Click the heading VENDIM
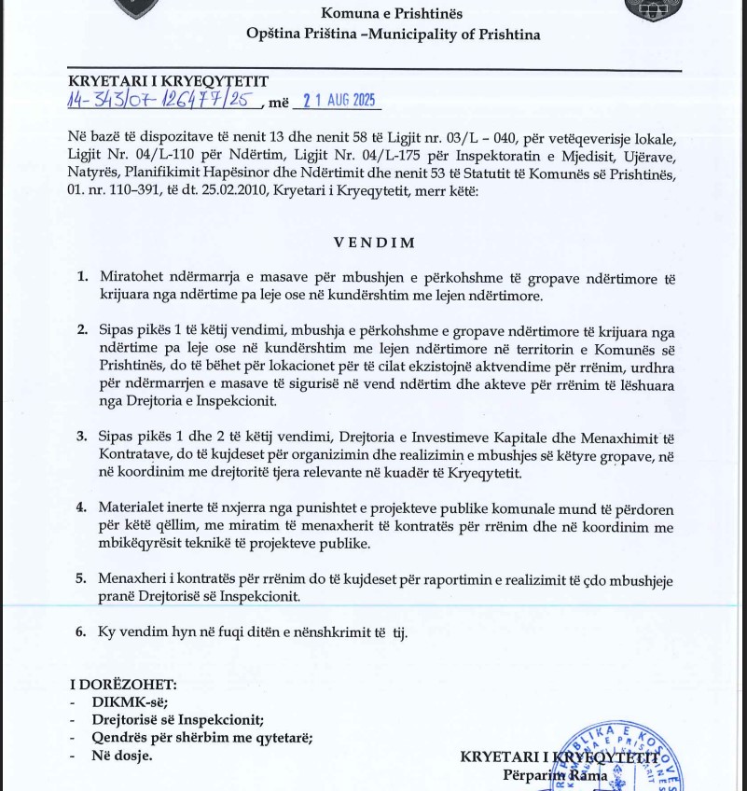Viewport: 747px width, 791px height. click(375, 243)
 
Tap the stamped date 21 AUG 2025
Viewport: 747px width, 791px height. click(338, 101)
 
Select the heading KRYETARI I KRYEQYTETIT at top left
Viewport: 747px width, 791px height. click(168, 82)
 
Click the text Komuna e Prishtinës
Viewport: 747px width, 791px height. click(392, 14)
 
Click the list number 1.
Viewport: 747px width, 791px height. click(82, 277)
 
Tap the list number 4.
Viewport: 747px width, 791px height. click(82, 507)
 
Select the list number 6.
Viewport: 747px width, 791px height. click(82, 631)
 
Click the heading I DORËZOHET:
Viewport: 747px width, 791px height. click(122, 685)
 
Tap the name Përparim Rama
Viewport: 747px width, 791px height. click(555, 775)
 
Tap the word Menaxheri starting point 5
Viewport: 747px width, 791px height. click(135, 578)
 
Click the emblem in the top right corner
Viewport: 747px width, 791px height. click(653, 9)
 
